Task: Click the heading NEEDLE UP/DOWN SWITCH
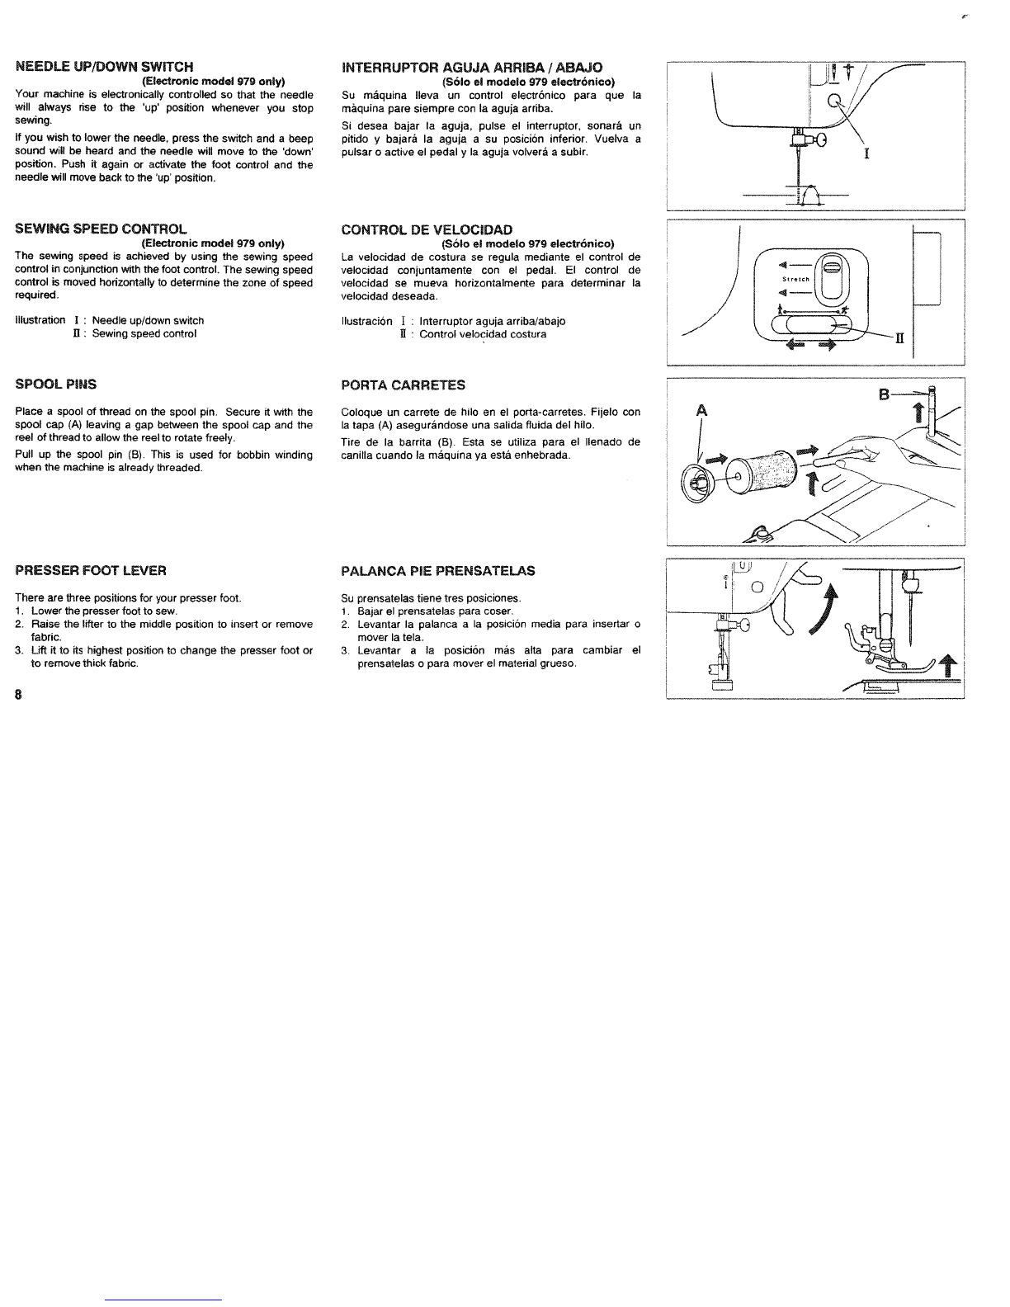pyautogui.click(x=104, y=66)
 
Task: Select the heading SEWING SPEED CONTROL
pyautogui.click(x=101, y=229)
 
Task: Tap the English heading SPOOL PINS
pyautogui.click(x=55, y=384)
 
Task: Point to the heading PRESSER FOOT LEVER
pyautogui.click(x=91, y=570)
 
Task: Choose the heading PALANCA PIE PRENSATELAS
pyautogui.click(x=437, y=571)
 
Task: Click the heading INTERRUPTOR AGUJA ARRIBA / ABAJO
pyautogui.click(x=471, y=67)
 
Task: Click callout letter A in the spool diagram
pyautogui.click(x=702, y=410)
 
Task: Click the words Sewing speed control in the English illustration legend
pyautogui.click(x=144, y=334)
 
